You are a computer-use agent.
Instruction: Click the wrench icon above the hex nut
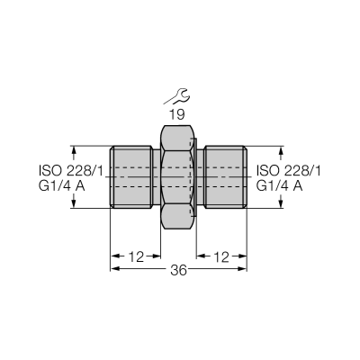click(x=177, y=96)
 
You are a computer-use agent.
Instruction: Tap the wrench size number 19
click(x=177, y=114)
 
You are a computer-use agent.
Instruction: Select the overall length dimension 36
click(x=178, y=271)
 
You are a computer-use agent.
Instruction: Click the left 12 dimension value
click(x=137, y=257)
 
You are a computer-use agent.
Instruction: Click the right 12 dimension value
click(x=221, y=257)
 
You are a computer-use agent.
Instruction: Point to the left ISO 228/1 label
click(x=71, y=171)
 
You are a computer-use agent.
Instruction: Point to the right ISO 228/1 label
click(x=288, y=171)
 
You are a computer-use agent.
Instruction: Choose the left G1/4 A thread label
click(x=62, y=186)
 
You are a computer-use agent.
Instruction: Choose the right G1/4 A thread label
click(x=279, y=186)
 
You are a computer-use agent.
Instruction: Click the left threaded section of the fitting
click(x=130, y=177)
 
